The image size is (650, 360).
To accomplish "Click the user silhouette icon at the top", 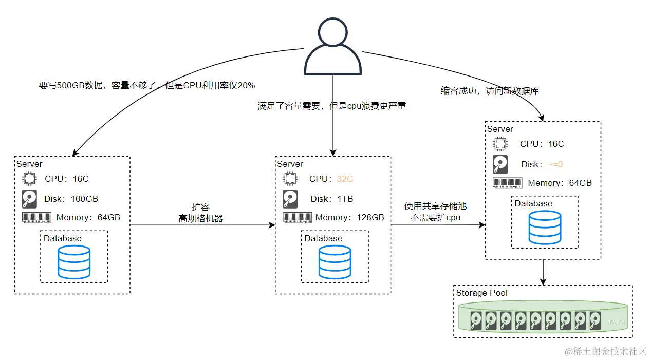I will tap(333, 47).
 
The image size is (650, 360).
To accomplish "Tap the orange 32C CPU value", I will tap(345, 179).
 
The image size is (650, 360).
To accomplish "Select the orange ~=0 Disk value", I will tap(555, 165).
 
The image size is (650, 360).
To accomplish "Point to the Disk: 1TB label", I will tap(331, 199).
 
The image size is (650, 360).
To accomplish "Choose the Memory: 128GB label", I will tap(349, 217).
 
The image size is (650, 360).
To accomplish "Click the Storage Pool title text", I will tap(481, 293).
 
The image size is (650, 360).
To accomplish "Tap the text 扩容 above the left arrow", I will tap(200, 207).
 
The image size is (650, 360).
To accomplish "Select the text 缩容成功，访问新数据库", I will tap(490, 91).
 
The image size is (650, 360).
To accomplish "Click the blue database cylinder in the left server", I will tap(74, 261).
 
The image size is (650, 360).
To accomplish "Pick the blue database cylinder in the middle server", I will tap(335, 261).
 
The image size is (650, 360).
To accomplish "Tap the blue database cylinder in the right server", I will tap(545, 227).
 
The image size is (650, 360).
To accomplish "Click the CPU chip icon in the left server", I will tap(29, 179).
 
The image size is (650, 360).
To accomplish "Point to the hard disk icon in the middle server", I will tap(290, 199).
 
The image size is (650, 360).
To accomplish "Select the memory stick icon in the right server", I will tap(507, 183).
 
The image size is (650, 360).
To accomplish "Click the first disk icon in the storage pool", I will tap(477, 320).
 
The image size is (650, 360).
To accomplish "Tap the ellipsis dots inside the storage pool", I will tap(615, 320).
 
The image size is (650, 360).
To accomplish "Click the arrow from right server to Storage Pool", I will tap(543, 272).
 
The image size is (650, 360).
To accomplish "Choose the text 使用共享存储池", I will tap(435, 206).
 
